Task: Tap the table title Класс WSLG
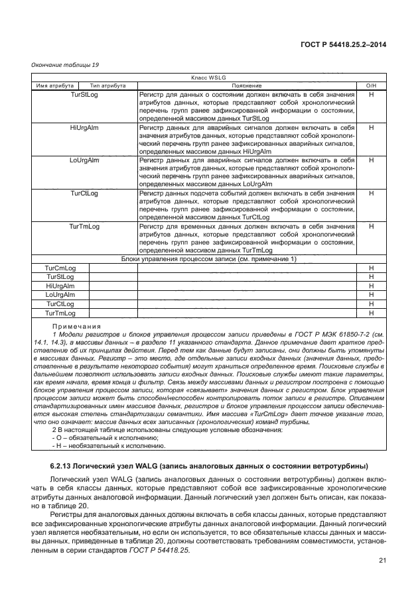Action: (x=208, y=78)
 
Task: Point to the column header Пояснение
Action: (x=246, y=85)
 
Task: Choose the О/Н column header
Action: (x=372, y=85)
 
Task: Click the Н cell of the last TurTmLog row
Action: (x=372, y=313)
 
